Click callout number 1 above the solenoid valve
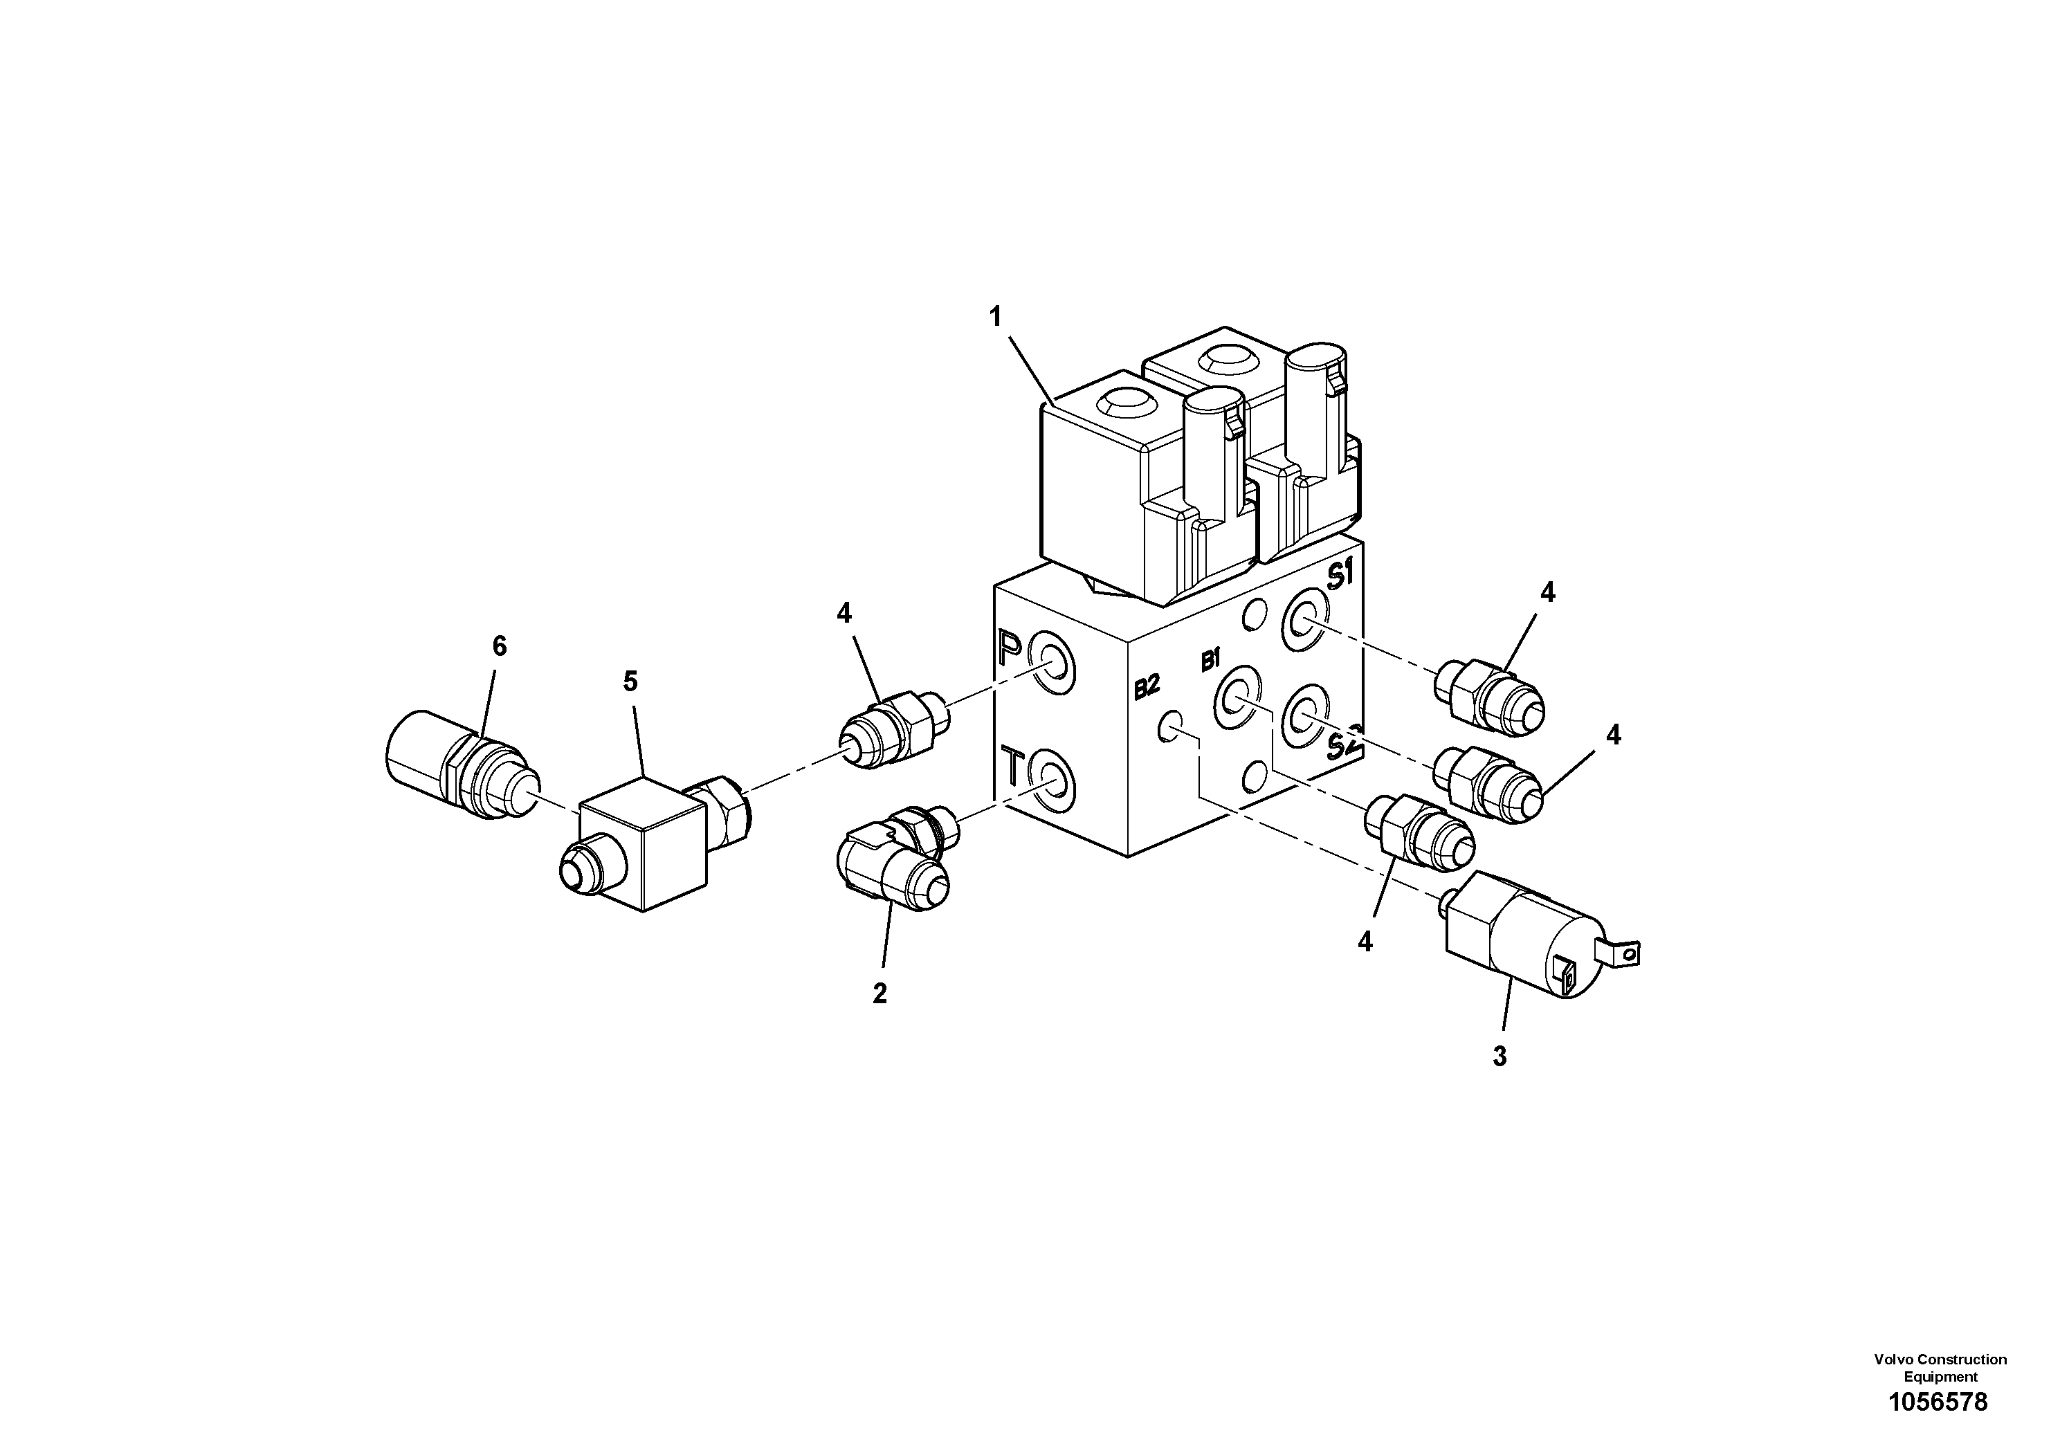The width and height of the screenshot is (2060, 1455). pyautogui.click(x=995, y=317)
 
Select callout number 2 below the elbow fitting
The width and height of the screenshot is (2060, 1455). pyautogui.click(x=879, y=994)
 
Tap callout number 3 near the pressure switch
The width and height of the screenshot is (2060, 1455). pyautogui.click(x=1500, y=1056)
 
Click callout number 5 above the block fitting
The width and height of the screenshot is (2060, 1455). pyautogui.click(x=631, y=681)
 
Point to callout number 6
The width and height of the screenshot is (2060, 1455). pyautogui.click(x=500, y=646)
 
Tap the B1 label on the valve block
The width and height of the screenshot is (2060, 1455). pyautogui.click(x=1211, y=662)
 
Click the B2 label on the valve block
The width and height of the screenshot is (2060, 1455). pyautogui.click(x=1147, y=688)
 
